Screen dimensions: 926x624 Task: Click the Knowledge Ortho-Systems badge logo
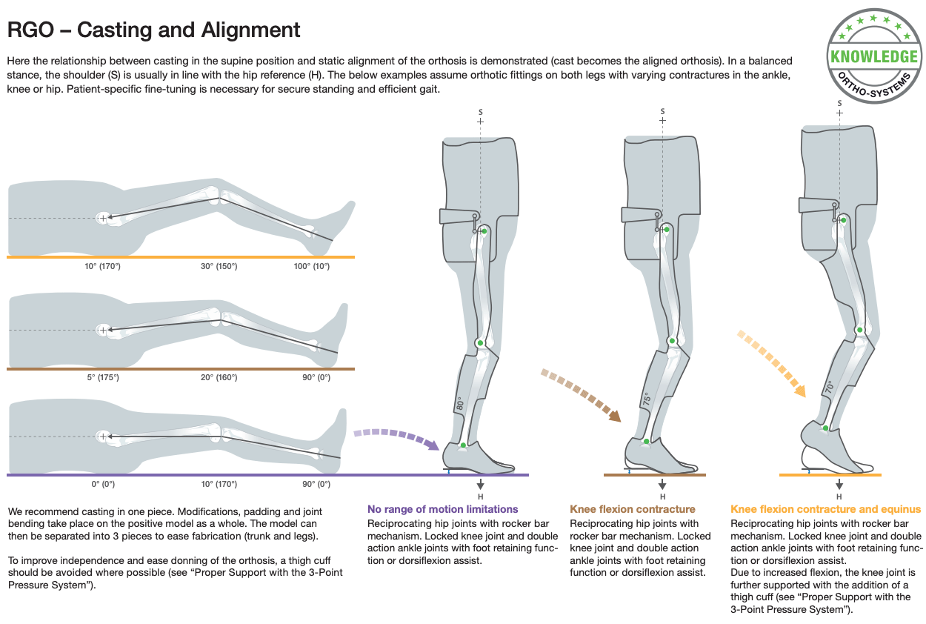tap(873, 56)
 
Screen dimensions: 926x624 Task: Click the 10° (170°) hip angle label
tap(102, 266)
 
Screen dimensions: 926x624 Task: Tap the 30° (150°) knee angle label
tap(219, 266)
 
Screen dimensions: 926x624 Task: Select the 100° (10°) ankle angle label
tap(312, 266)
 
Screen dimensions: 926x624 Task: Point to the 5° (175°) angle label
tap(103, 377)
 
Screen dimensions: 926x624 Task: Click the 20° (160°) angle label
tap(219, 377)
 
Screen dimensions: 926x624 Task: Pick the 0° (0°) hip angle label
tap(103, 484)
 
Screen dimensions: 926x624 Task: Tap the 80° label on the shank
tap(460, 403)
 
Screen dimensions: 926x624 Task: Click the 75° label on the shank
tap(647, 399)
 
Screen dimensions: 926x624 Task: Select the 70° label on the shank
tap(829, 387)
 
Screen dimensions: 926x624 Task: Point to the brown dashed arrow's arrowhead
tap(615, 416)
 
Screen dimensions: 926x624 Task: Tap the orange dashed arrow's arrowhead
tap(800, 391)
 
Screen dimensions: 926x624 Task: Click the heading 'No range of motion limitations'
tap(442, 509)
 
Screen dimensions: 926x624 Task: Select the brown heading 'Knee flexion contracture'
tap(633, 509)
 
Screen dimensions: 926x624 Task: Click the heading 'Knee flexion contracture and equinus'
tap(825, 509)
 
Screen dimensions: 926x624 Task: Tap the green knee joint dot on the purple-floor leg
tap(480, 343)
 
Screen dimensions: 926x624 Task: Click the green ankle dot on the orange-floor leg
tap(825, 428)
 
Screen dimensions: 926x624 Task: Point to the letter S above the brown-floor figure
tap(663, 111)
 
